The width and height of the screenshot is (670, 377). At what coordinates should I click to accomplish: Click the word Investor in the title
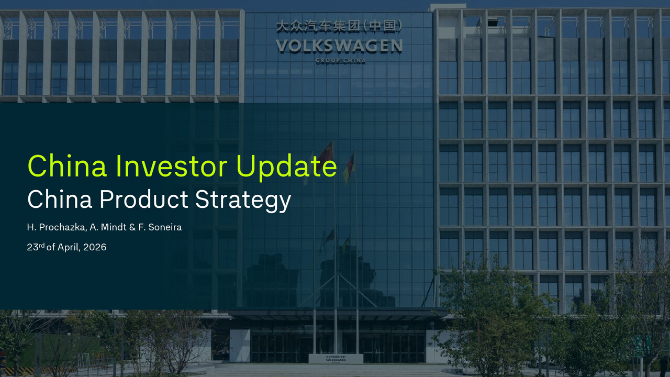[172, 166]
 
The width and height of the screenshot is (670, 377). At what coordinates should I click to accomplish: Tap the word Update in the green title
[285, 167]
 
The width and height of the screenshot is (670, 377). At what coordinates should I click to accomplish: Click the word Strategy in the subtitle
[243, 201]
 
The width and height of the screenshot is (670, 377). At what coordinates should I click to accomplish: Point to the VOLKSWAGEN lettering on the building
[339, 46]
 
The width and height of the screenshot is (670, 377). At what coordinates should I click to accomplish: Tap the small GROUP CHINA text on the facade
[340, 61]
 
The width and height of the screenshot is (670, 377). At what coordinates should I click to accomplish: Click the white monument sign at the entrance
[336, 359]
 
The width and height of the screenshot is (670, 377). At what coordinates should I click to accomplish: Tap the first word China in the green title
[67, 166]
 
